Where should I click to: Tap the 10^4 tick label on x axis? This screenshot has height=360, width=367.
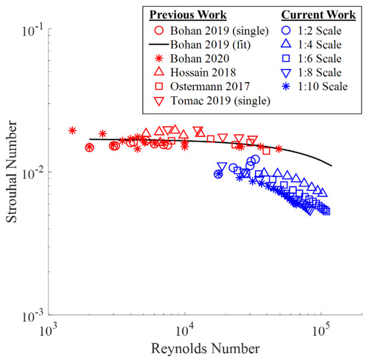click(185, 329)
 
